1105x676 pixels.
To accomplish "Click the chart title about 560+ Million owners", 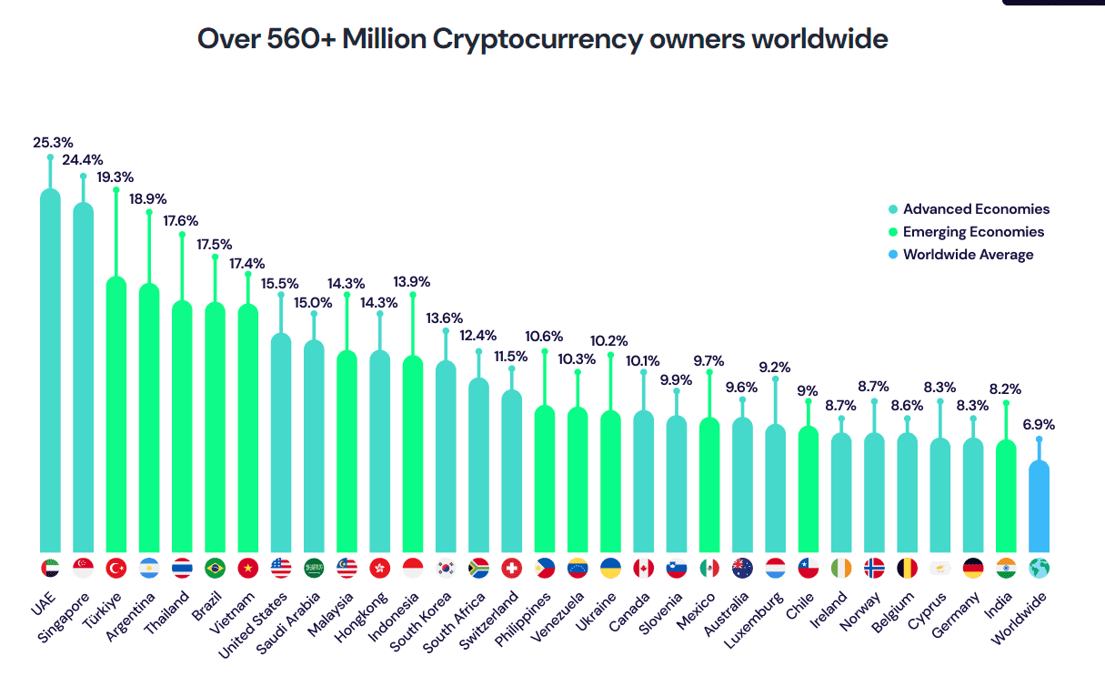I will tap(542, 40).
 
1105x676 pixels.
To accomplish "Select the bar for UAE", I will tap(51, 373).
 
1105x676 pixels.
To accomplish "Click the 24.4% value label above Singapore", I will tap(83, 160).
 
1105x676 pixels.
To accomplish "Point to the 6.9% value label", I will tap(1039, 424).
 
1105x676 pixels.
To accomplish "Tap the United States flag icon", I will tap(281, 568).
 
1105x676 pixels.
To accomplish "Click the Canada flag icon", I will tap(643, 568).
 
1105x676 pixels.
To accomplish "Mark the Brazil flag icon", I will tap(216, 568).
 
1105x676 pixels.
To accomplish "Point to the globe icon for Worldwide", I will tap(1039, 568).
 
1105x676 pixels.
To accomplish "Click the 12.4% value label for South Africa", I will tap(478, 336).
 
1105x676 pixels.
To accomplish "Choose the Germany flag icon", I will tap(973, 568).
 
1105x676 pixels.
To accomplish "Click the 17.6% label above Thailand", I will tap(181, 220).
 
